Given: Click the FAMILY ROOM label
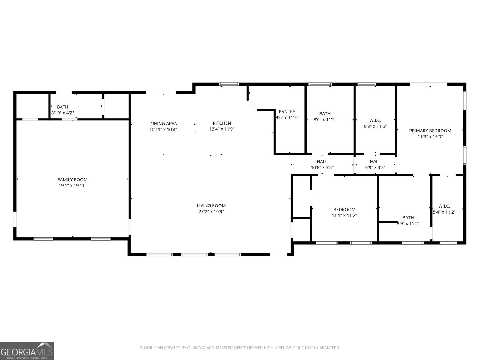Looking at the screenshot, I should pos(73,180).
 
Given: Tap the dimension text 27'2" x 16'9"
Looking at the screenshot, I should pos(211,211).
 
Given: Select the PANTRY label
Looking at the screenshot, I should pos(287,112).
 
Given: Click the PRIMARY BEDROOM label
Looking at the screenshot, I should pos(430,130).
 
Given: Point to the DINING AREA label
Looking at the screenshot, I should pos(163,124).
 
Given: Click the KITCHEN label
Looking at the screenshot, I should pos(222,123).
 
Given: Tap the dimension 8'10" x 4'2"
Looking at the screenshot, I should pos(62,113).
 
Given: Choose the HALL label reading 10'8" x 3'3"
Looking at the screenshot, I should pos(322,162).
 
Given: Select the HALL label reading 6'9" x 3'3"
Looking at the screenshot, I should pos(375,162).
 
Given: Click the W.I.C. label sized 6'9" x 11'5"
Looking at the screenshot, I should pos(375,120).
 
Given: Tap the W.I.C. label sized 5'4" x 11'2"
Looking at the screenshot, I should pos(444,206).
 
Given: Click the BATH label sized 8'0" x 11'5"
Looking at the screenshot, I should pos(325,114).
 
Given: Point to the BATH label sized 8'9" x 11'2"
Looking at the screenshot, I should pos(408,218).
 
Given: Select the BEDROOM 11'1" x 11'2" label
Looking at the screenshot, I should pos(344,210).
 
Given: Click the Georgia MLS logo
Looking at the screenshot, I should pos(27,351).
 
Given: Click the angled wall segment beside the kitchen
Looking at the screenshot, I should pos(253,105).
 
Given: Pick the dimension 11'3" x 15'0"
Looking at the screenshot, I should pos(430,136).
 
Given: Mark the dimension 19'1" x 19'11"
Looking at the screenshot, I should pos(73,186).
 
